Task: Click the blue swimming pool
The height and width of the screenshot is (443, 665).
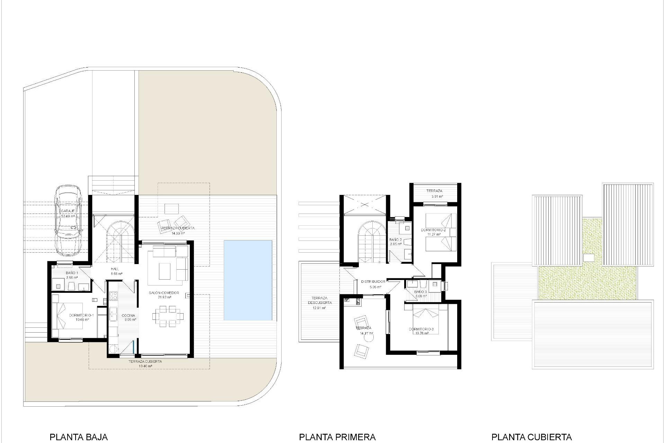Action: click(x=248, y=280)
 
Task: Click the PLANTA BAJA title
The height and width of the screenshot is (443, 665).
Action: click(x=79, y=437)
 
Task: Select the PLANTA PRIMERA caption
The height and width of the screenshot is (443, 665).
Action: click(x=337, y=437)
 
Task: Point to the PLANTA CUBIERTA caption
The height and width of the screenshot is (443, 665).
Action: click(x=531, y=437)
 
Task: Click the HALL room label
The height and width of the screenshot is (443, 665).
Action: click(x=115, y=269)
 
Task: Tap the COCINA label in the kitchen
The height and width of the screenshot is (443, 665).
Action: click(x=128, y=316)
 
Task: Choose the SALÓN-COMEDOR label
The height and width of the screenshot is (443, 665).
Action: click(x=164, y=293)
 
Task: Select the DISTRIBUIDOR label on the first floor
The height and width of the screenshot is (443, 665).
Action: click(x=373, y=282)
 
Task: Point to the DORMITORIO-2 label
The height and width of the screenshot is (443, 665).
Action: click(x=433, y=230)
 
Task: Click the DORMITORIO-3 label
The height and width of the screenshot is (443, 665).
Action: click(x=421, y=329)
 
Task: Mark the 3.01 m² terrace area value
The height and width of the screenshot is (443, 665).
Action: click(x=437, y=197)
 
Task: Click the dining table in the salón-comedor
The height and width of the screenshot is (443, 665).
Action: click(x=168, y=316)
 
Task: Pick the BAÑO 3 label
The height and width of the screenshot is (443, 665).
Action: click(x=420, y=292)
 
